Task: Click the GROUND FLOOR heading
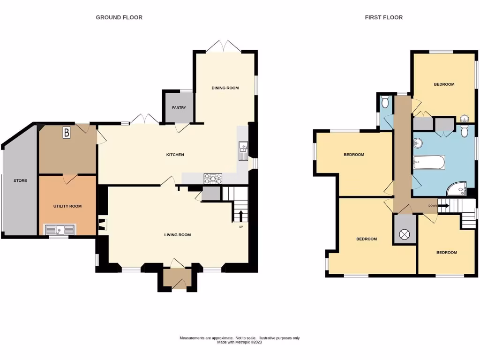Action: (119, 17)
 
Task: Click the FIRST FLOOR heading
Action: (383, 17)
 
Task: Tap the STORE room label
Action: (20, 180)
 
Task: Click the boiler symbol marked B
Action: (67, 133)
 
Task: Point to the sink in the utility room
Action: (60, 229)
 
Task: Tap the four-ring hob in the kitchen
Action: (213, 178)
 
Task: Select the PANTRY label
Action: (179, 108)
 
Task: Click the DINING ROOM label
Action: (225, 88)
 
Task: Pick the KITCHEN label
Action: (175, 155)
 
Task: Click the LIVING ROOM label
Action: (177, 235)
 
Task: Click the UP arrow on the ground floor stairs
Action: (241, 216)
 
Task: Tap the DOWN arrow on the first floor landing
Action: (442, 205)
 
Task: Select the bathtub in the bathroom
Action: (429, 162)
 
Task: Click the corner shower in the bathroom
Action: (456, 188)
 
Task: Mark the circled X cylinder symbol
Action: (405, 234)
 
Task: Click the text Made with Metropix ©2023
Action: (240, 342)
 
